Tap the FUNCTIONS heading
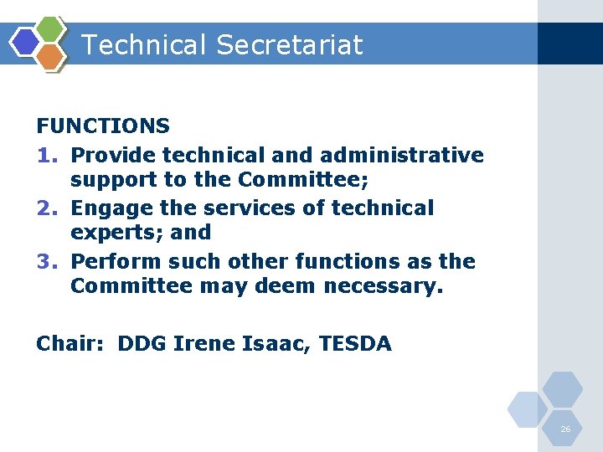(x=103, y=126)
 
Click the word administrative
(x=401, y=156)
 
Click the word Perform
(x=116, y=261)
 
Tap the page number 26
(x=565, y=429)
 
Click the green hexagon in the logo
(x=51, y=28)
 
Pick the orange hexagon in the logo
(x=51, y=56)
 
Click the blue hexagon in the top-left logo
(x=26, y=42)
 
